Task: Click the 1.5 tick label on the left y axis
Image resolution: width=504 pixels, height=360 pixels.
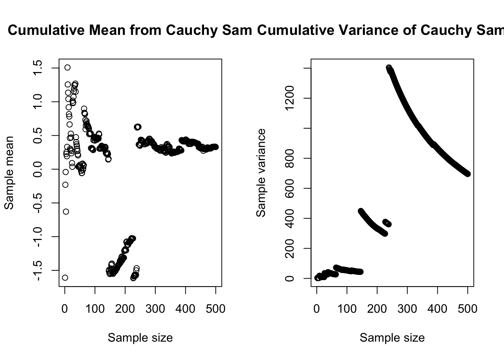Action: click(x=37, y=68)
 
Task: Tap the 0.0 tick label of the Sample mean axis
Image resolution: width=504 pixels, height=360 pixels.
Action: click(x=37, y=169)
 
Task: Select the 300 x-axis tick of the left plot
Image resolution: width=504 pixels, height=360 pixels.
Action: click(x=155, y=309)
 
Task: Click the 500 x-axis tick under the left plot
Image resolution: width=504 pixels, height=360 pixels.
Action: click(x=216, y=309)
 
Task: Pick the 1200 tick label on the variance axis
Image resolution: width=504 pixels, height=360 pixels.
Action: click(x=289, y=98)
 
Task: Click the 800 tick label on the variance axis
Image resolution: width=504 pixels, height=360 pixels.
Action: click(x=289, y=158)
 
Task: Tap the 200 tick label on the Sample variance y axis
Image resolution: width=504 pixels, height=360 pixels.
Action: click(x=289, y=248)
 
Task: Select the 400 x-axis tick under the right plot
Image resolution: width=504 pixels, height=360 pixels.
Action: click(x=438, y=309)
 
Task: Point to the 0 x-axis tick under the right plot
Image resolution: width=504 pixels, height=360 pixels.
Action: click(x=317, y=309)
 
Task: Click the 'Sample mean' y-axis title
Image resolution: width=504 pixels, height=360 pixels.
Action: click(x=9, y=172)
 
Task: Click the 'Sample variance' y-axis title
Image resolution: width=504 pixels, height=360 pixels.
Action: click(x=261, y=172)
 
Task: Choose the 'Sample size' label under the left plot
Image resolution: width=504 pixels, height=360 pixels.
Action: click(x=140, y=338)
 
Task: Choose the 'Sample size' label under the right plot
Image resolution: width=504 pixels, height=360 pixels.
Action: click(x=392, y=338)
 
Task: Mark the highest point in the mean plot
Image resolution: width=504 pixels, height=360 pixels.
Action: click(x=67, y=67)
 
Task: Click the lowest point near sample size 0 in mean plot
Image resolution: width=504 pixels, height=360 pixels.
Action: click(x=65, y=277)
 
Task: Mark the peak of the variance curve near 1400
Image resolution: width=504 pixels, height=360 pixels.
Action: click(x=389, y=68)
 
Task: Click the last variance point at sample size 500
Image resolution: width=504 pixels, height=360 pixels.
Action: click(x=468, y=174)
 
